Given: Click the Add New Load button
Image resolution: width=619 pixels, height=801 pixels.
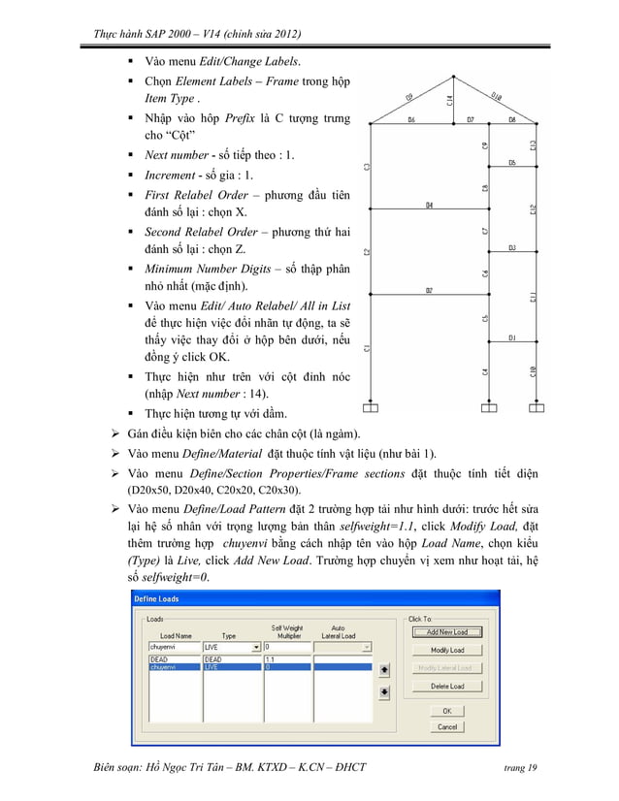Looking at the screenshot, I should pyautogui.click(x=446, y=632).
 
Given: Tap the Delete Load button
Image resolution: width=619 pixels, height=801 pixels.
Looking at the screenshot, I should pyautogui.click(x=446, y=686).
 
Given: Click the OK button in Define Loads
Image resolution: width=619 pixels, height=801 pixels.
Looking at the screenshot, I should pyautogui.click(x=446, y=711).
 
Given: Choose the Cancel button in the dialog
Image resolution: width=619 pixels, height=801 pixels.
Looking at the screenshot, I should pyautogui.click(x=446, y=726).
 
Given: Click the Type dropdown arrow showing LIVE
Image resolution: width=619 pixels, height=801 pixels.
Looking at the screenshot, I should pyautogui.click(x=255, y=646).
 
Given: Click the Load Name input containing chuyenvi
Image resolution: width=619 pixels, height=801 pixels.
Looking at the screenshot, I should pyautogui.click(x=172, y=646).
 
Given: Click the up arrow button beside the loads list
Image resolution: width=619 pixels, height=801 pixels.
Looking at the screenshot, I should pyautogui.click(x=383, y=668).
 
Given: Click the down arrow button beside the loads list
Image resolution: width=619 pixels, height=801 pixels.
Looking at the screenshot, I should pyautogui.click(x=383, y=690).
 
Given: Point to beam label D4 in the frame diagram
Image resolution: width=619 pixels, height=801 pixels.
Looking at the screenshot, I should pyautogui.click(x=430, y=205).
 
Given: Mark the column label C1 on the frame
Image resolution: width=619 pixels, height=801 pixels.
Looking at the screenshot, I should pyautogui.click(x=367, y=347).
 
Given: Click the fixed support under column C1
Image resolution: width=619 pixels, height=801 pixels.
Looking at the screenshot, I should pyautogui.click(x=367, y=406).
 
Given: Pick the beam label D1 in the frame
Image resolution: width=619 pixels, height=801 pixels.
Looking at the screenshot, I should pyautogui.click(x=511, y=337).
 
